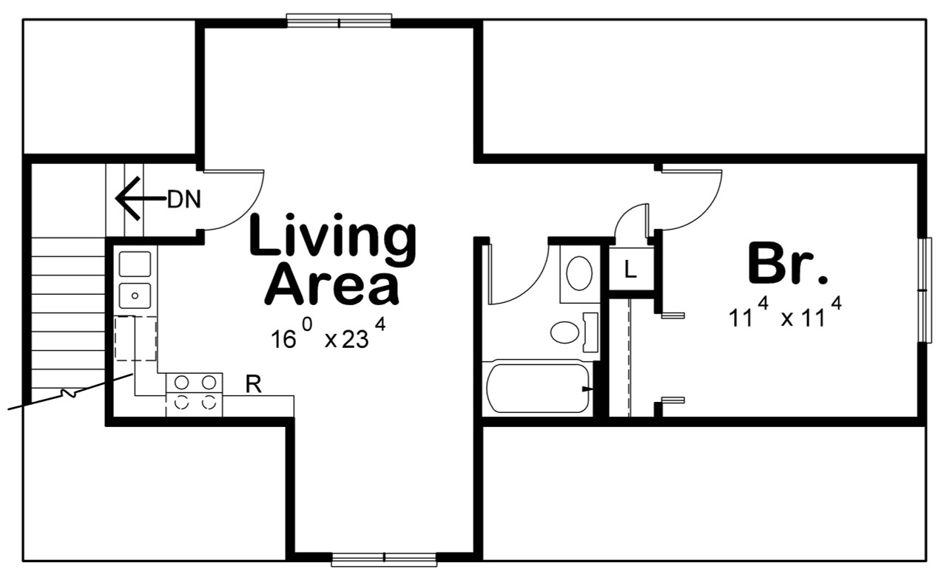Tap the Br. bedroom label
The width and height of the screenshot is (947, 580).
click(786, 263)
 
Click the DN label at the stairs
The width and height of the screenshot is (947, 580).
click(183, 199)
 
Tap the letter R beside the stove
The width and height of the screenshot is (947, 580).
click(252, 384)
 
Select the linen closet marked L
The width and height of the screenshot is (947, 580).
click(630, 270)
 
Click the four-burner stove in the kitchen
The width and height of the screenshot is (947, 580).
click(195, 392)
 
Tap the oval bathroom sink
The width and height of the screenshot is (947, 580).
click(579, 273)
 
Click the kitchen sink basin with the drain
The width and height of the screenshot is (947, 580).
click(135, 295)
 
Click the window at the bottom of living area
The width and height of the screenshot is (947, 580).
click(384, 559)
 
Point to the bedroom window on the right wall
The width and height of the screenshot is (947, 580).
click(924, 290)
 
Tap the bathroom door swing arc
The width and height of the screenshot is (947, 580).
click(518, 273)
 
